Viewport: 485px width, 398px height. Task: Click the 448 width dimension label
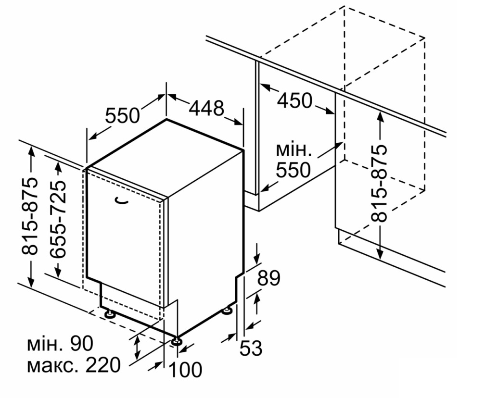(x=206, y=108)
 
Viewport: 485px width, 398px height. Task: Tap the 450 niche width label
(x=294, y=100)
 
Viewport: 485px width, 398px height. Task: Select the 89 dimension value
(x=269, y=278)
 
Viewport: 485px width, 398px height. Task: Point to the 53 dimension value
(x=251, y=348)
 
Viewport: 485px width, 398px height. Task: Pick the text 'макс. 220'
(x=74, y=365)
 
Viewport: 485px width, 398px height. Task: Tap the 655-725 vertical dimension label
(x=58, y=220)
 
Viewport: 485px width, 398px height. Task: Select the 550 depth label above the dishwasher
(x=123, y=115)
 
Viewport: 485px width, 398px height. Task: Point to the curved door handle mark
(x=122, y=201)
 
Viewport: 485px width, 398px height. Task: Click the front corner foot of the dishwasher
(x=177, y=341)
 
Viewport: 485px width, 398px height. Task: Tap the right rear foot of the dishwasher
(x=228, y=310)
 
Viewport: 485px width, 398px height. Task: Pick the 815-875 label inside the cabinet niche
(x=379, y=183)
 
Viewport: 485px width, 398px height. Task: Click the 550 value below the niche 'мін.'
(x=293, y=170)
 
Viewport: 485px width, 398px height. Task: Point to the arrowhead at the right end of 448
(x=238, y=122)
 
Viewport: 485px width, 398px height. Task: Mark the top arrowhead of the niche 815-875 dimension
(x=380, y=116)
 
